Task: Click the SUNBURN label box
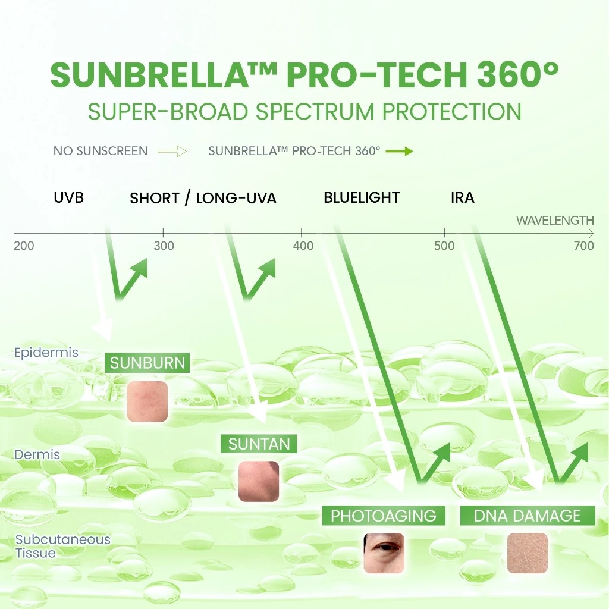pos(147,363)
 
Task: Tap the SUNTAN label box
pos(259,444)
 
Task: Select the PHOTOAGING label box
pos(384,516)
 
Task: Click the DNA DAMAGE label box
pos(528,516)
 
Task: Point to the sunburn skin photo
pos(147,401)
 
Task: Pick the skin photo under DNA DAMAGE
pos(527,553)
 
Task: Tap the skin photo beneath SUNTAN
pos(259,481)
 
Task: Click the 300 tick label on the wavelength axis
pos(164,246)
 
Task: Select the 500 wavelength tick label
pos(444,246)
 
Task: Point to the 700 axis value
pos(584,246)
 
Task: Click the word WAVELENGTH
pos(555,221)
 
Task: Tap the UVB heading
pos(69,198)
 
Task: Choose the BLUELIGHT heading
pos(362,198)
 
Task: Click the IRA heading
pos(463,198)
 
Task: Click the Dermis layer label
pos(37,454)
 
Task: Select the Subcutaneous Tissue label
pos(62,547)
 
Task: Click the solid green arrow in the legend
pos(399,151)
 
